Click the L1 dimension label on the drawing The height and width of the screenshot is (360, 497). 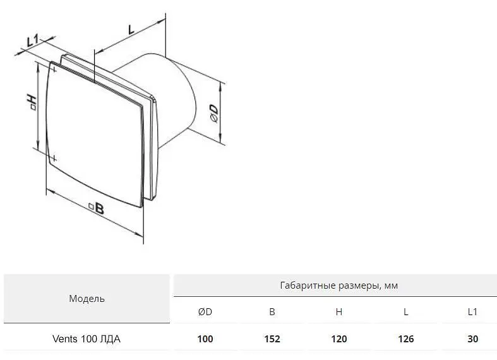coord(32,41)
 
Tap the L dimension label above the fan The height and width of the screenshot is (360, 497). coord(131,29)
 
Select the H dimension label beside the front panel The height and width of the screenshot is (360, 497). coord(32,102)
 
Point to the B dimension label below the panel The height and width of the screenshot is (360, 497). coord(96,208)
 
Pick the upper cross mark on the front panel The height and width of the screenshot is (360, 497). coord(54,69)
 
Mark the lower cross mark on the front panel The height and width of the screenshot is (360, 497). coord(54,158)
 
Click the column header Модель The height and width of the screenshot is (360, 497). coord(87,299)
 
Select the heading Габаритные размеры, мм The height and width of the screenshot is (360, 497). coord(339,286)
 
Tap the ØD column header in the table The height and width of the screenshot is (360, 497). coord(205,312)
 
